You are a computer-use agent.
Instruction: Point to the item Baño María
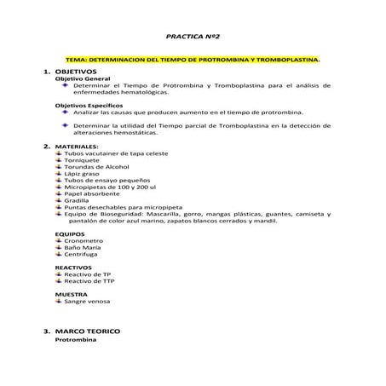pos(83,247)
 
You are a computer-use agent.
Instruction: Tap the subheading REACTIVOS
pos(73,268)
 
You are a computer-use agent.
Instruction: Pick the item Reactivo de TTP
pos(89,281)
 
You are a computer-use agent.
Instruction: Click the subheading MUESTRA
pos(72,295)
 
